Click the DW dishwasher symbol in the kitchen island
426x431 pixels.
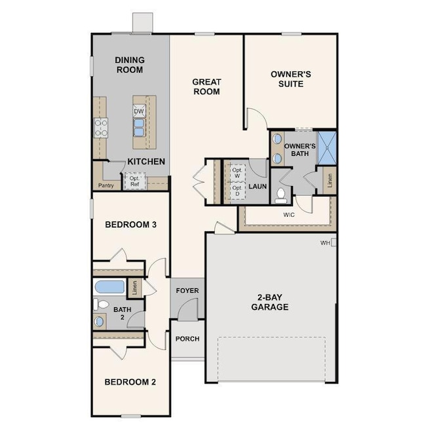(x=139, y=111)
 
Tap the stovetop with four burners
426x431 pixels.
(x=101, y=128)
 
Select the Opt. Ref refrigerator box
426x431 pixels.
(x=134, y=181)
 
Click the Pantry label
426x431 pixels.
(x=106, y=185)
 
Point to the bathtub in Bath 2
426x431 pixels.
(x=109, y=287)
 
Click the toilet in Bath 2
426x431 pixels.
(x=101, y=305)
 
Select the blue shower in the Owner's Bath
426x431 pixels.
(x=327, y=148)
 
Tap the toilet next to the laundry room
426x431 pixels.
(x=281, y=195)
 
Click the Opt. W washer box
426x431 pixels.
(x=237, y=173)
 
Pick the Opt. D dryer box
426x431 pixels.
(x=237, y=191)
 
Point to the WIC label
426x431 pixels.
(x=289, y=215)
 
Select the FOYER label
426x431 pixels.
(x=187, y=291)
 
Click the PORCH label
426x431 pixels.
(x=187, y=339)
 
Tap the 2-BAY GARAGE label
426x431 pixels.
(x=270, y=302)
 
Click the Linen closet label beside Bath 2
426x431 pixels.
(x=135, y=288)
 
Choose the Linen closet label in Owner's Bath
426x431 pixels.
(x=330, y=180)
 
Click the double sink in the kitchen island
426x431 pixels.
(x=139, y=128)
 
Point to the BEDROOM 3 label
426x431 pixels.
(x=130, y=225)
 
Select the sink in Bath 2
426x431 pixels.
(x=99, y=321)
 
